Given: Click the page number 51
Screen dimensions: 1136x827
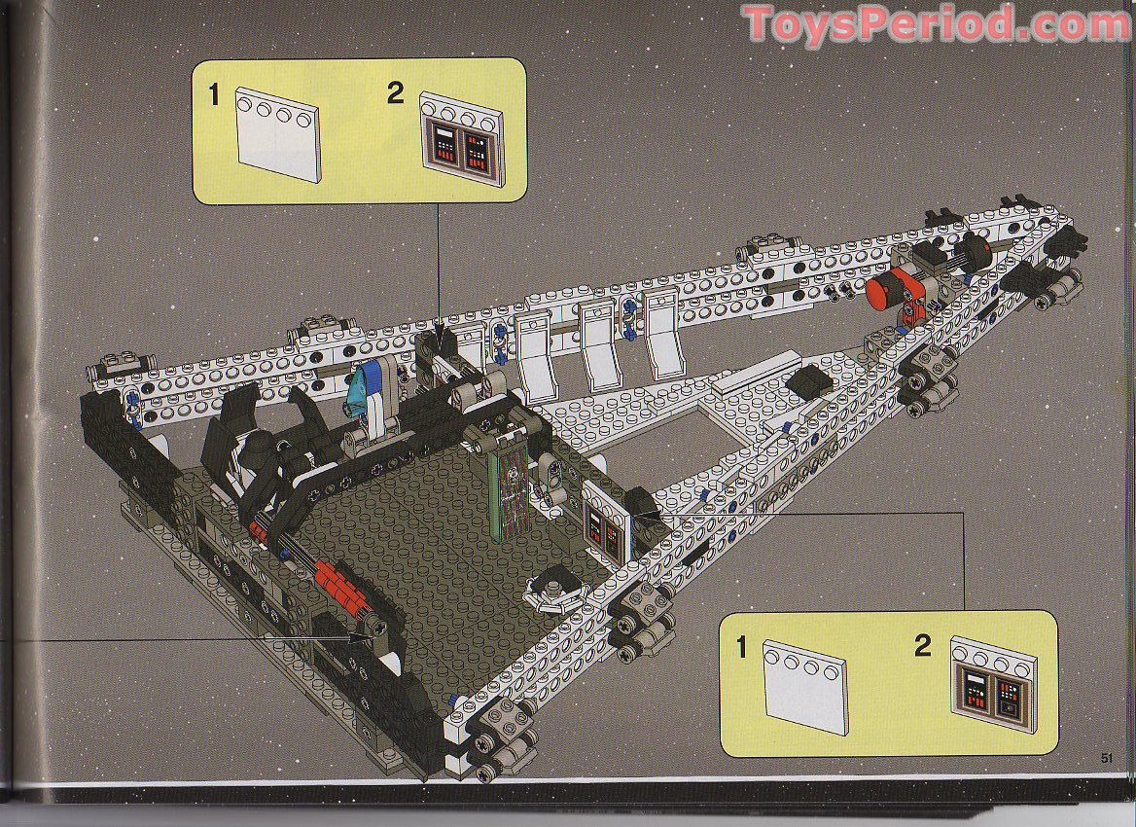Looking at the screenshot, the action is click(1106, 758).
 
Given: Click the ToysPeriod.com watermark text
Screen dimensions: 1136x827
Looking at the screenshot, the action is click(937, 24).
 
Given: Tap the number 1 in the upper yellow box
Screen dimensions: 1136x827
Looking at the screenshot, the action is click(214, 95).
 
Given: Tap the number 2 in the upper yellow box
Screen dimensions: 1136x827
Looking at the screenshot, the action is click(395, 92).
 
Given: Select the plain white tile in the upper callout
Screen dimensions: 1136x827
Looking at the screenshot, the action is click(278, 134).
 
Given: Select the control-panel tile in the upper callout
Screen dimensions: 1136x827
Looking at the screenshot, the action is click(462, 138).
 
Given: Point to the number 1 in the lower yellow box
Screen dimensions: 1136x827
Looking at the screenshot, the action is click(741, 647).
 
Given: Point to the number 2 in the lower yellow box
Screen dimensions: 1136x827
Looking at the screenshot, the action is click(922, 645).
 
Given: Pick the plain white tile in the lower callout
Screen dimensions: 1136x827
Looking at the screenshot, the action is click(805, 687).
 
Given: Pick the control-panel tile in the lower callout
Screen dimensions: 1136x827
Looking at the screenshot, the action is click(993, 684).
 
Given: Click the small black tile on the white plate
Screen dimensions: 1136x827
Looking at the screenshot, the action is click(810, 381).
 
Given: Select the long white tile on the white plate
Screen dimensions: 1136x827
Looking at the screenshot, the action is click(757, 372).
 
